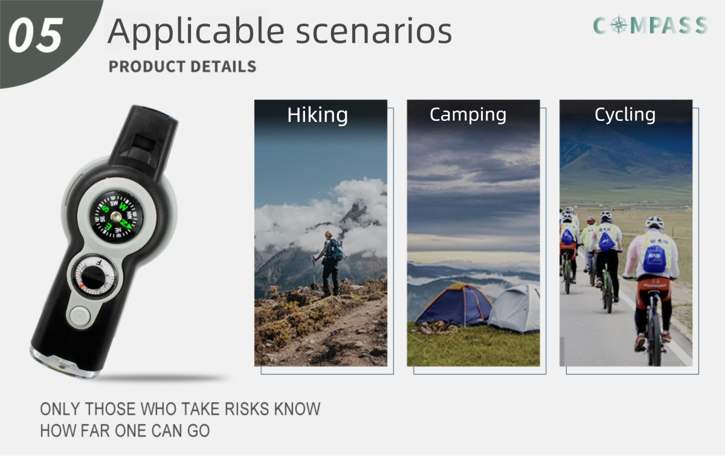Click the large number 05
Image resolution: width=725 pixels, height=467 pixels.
[x=35, y=35]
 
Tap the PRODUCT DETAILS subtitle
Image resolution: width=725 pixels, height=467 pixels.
[x=182, y=66]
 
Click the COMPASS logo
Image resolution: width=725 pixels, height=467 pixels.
[x=649, y=25]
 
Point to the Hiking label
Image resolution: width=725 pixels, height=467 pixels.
[x=317, y=115]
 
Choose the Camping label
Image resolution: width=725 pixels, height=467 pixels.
[x=468, y=114]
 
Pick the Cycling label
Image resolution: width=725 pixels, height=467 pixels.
[x=625, y=114]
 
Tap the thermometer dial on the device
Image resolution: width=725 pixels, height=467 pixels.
[x=94, y=277]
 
